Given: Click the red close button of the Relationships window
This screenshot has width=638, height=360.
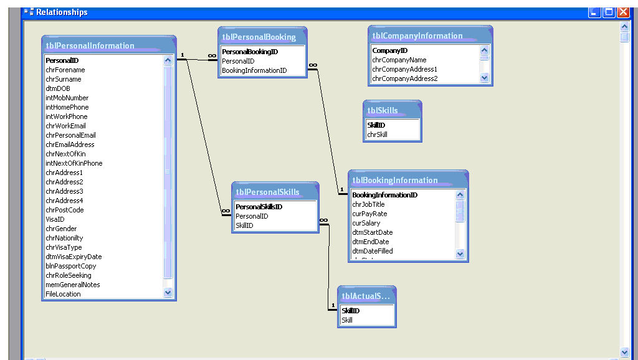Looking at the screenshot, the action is point(623,12).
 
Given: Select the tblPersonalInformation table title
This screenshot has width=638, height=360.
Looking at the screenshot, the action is point(90,45).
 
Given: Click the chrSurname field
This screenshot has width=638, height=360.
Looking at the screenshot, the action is point(64,79).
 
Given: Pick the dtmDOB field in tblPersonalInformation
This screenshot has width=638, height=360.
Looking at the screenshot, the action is point(58,88).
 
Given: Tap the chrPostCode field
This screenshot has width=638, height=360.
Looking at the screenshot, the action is point(65,210).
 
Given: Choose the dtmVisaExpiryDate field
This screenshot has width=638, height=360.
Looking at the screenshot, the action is point(74,257).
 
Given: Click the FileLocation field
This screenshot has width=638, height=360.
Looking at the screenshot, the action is point(63,294).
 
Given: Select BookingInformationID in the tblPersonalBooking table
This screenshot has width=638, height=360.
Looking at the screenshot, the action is point(254,70).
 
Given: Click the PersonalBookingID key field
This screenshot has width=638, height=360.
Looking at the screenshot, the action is point(250,52).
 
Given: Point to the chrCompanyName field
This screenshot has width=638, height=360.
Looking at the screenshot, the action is point(399,60).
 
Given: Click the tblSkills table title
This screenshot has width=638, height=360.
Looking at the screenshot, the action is point(383,110).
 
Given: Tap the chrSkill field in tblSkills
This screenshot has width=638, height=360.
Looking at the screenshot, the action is point(377,135).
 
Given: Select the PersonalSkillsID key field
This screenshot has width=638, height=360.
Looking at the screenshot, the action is point(259,207).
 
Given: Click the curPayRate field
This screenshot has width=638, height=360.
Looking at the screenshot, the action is point(369,214).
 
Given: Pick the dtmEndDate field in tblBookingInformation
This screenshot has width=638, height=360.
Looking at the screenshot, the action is point(370,242).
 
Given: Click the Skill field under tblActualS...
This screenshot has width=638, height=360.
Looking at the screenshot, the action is point(347,320).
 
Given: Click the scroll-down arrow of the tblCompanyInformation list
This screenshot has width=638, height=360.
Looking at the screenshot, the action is point(484,77).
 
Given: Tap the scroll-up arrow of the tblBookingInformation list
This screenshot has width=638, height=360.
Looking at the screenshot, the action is point(460,194).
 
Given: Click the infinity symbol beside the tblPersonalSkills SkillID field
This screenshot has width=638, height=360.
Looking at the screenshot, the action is point(323,220).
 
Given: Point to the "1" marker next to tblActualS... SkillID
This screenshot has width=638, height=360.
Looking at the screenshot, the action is point(333,305).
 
